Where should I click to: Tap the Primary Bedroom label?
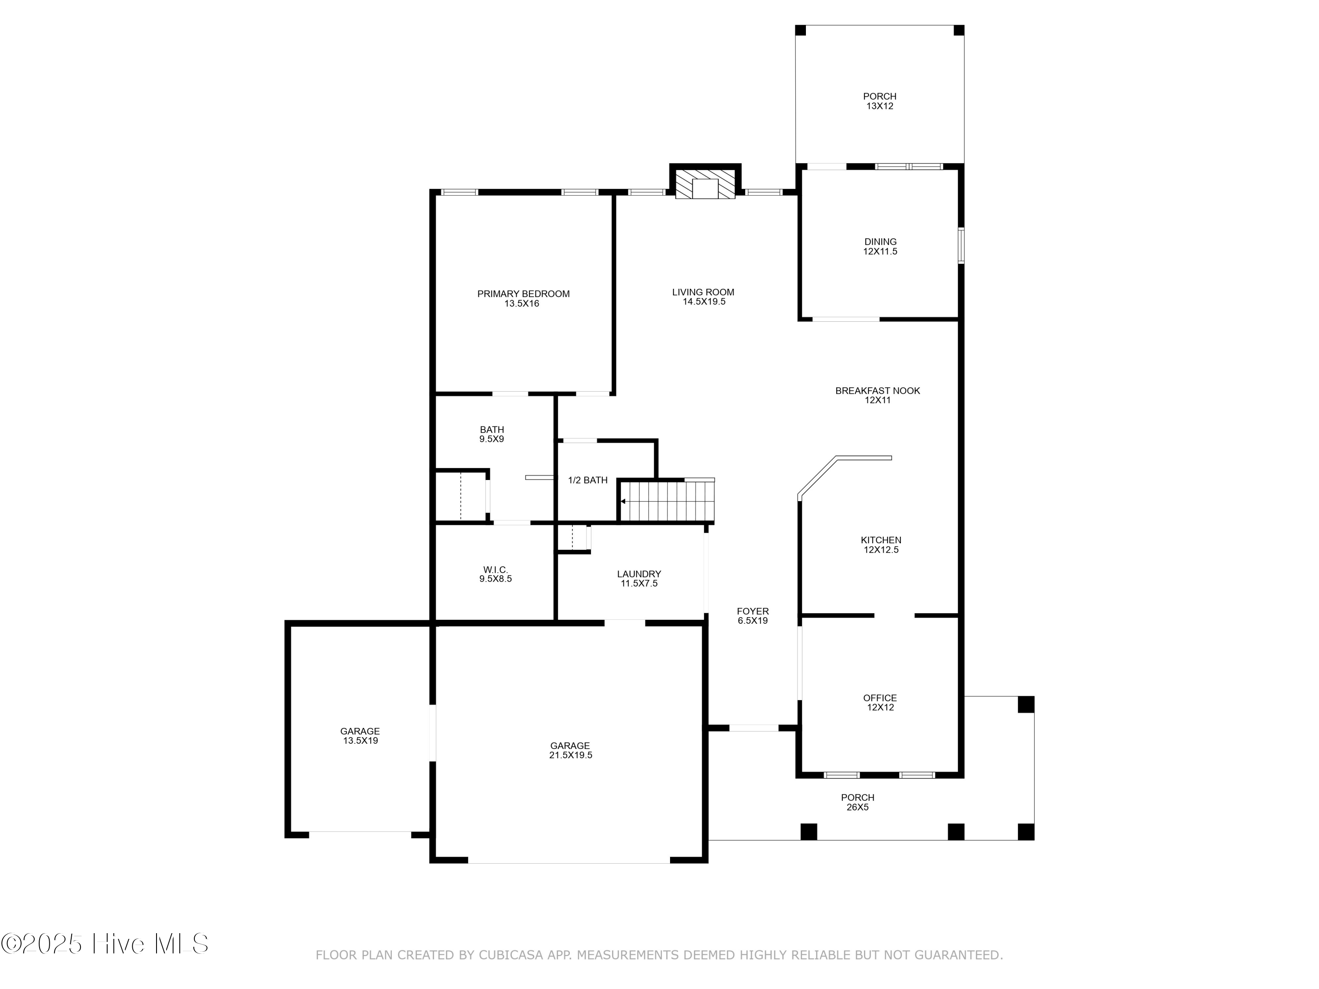coord(523,298)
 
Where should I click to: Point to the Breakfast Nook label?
coord(878,395)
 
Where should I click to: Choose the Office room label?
coord(880,702)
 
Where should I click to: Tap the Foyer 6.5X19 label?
coord(753,616)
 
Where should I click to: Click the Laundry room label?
coord(639,578)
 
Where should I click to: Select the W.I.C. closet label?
coord(496,574)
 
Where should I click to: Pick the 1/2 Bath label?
coord(588,480)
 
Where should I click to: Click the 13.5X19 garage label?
coord(360,736)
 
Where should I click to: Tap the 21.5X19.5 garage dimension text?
coord(571,755)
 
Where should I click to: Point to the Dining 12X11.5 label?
coord(881,246)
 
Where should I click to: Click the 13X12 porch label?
coord(880,101)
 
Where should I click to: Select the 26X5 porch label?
coord(858,802)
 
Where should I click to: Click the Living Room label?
coord(703,296)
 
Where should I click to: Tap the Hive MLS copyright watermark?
coord(105,944)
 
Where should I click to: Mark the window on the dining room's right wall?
coord(961,245)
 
